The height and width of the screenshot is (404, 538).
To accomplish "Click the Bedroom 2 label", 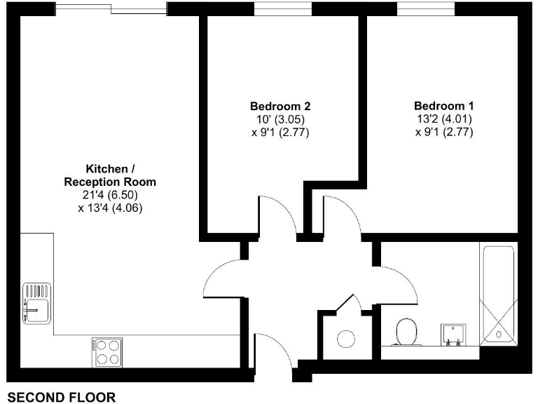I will pos(280,107).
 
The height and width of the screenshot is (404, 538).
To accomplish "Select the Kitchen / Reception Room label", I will pos(111,175).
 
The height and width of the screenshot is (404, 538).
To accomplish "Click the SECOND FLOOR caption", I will pos(62,398).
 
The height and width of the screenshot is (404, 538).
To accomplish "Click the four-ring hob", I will pos(106,351).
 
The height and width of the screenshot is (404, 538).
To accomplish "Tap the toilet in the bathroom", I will pos(406,332).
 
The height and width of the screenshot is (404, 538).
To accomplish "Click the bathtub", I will pos(498,295).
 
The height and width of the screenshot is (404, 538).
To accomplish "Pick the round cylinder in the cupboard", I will pos(347,338).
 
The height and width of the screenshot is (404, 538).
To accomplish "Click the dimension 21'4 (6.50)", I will pos(111,195).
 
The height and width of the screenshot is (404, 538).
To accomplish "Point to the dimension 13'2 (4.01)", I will pos(444,119).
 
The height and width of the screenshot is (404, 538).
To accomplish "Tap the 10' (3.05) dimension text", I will pos(280,119).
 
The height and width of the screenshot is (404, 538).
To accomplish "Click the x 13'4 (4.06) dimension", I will pos(111,208).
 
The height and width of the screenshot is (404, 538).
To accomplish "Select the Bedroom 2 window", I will pos(282,9).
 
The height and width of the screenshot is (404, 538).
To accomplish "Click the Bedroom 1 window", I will pos(426,9).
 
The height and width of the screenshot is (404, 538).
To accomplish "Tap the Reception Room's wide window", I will pos(111,9).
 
